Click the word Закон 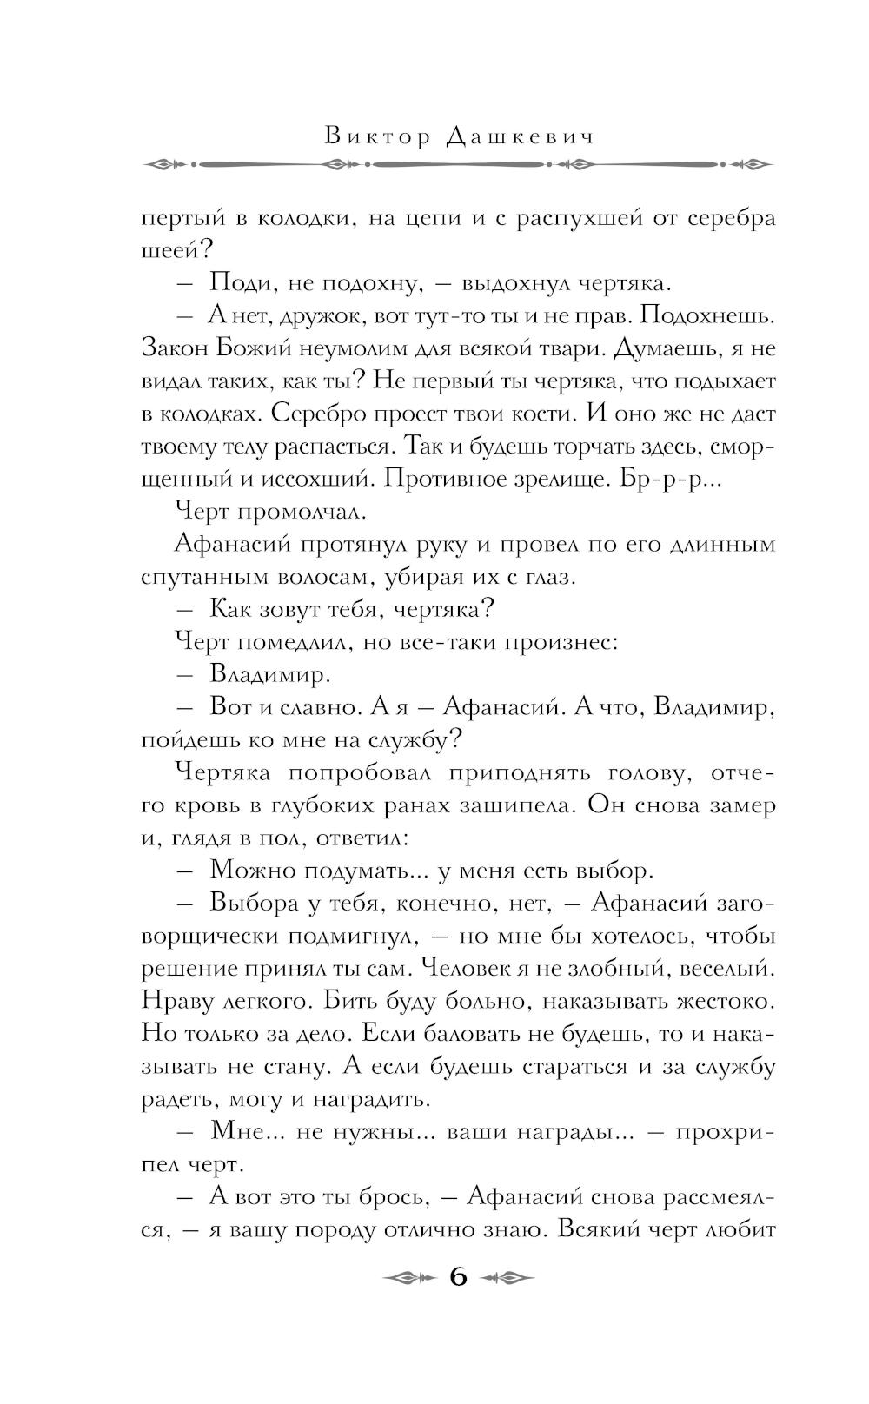pyautogui.click(x=174, y=348)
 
